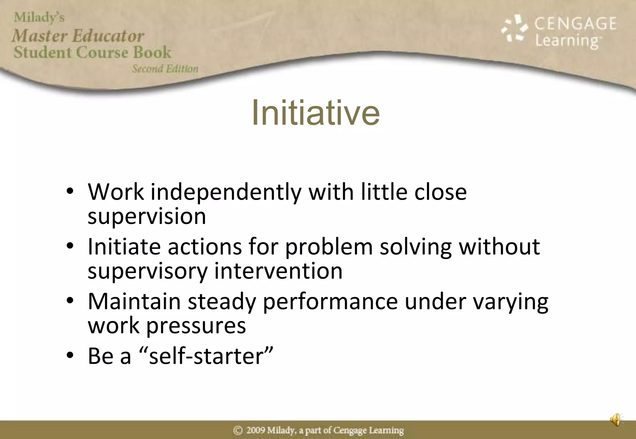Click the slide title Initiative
316,113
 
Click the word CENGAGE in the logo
575,24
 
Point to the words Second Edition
165,69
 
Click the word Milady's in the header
39,17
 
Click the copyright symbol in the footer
238,431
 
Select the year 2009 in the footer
256,431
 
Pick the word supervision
147,216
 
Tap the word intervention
278,271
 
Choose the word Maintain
134,302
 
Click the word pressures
196,326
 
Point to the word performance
330,302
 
